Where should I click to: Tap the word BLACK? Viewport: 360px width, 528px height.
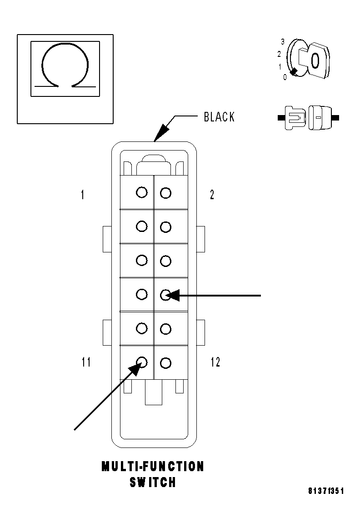[x=219, y=117]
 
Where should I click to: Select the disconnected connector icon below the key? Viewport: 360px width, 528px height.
[x=308, y=118]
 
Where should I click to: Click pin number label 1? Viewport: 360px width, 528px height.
[x=82, y=195]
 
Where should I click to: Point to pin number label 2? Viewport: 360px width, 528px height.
[x=212, y=195]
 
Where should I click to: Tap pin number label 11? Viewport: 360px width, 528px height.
[x=86, y=362]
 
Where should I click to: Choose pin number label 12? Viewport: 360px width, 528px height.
[x=215, y=362]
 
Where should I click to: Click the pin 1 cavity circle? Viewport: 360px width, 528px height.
[x=142, y=192]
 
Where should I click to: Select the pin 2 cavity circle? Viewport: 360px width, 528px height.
[x=166, y=193]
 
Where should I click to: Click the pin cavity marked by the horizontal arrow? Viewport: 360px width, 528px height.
[x=166, y=295]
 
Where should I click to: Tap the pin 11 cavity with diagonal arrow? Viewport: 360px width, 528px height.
[x=142, y=362]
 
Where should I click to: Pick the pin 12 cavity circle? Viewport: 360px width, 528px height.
[x=166, y=362]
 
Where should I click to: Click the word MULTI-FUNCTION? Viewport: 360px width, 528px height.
[x=153, y=467]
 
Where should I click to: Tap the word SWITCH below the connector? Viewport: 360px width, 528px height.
[x=153, y=482]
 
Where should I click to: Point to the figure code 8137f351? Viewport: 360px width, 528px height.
[x=326, y=491]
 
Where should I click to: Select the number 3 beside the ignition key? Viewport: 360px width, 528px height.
[x=282, y=42]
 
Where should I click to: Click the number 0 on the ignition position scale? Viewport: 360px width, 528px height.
[x=285, y=77]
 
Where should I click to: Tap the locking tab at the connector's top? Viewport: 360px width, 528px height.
[x=154, y=164]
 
